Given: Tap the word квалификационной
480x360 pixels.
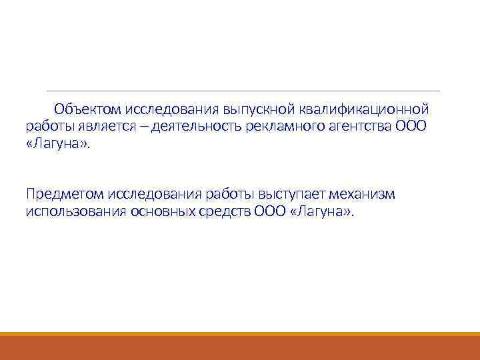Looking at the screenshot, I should click(x=363, y=109).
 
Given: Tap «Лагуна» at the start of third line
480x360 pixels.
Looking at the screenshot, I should click(x=57, y=145).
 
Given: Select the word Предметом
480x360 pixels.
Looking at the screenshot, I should click(x=63, y=194).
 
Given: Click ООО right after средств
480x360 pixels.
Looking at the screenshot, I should click(x=270, y=212).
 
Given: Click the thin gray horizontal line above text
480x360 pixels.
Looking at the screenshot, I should click(x=243, y=91).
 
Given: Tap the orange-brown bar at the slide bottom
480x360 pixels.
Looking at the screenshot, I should click(x=240, y=347).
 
